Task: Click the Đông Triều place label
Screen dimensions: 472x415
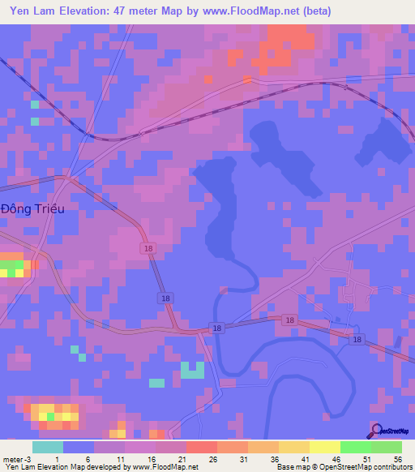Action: point(32,208)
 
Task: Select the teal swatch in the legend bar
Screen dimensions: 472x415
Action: point(48,447)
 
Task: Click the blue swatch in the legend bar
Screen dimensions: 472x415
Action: point(79,447)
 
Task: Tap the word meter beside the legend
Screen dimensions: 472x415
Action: point(11,459)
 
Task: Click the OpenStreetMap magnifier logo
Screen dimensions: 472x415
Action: point(377,431)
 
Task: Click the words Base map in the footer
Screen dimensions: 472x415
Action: point(290,467)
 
